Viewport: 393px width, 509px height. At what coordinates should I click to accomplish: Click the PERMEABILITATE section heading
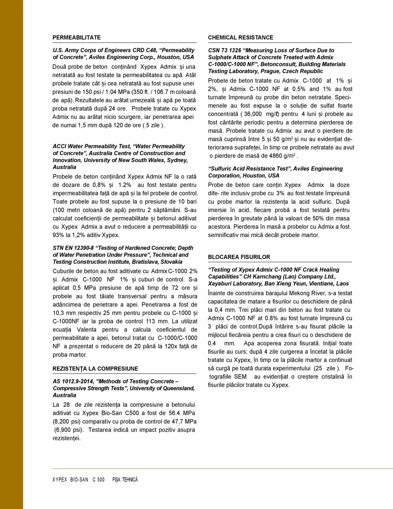pos(77,38)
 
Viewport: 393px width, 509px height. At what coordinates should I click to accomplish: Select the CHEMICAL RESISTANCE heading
pos(240,38)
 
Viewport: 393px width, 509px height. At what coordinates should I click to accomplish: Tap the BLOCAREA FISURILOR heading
pos(239,257)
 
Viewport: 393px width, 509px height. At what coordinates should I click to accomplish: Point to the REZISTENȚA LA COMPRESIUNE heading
pos(95,369)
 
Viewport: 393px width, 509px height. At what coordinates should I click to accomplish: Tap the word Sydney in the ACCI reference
pos(179,160)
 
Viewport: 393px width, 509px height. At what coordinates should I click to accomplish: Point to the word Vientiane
pos(315,284)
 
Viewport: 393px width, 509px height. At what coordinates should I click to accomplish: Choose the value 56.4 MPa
pos(182,413)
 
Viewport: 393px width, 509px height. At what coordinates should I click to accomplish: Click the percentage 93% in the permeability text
pos(59,235)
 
